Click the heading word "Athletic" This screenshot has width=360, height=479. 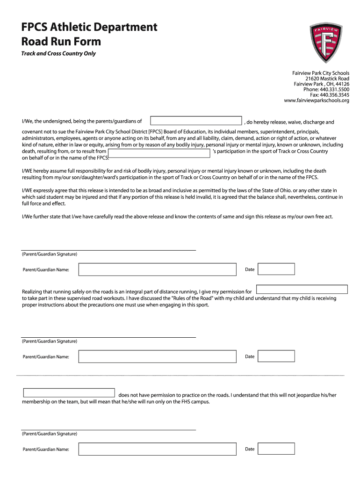(74, 27)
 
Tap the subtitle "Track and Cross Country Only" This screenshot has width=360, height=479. (58, 53)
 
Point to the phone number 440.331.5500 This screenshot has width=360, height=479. (333, 89)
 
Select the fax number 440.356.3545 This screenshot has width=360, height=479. (333, 95)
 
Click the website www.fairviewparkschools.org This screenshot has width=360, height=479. (317, 101)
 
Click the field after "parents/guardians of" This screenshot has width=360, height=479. (196, 121)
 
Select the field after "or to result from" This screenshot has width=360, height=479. (159, 152)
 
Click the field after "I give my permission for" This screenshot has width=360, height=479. (302, 290)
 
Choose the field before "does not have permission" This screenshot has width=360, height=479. (69, 393)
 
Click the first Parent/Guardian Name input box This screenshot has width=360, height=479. (158, 269)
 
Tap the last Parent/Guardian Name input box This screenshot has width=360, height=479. (158, 449)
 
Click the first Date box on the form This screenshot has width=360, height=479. (276, 269)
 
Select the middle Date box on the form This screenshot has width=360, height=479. (276, 356)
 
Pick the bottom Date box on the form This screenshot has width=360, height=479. (276, 449)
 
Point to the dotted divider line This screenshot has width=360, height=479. (180, 376)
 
